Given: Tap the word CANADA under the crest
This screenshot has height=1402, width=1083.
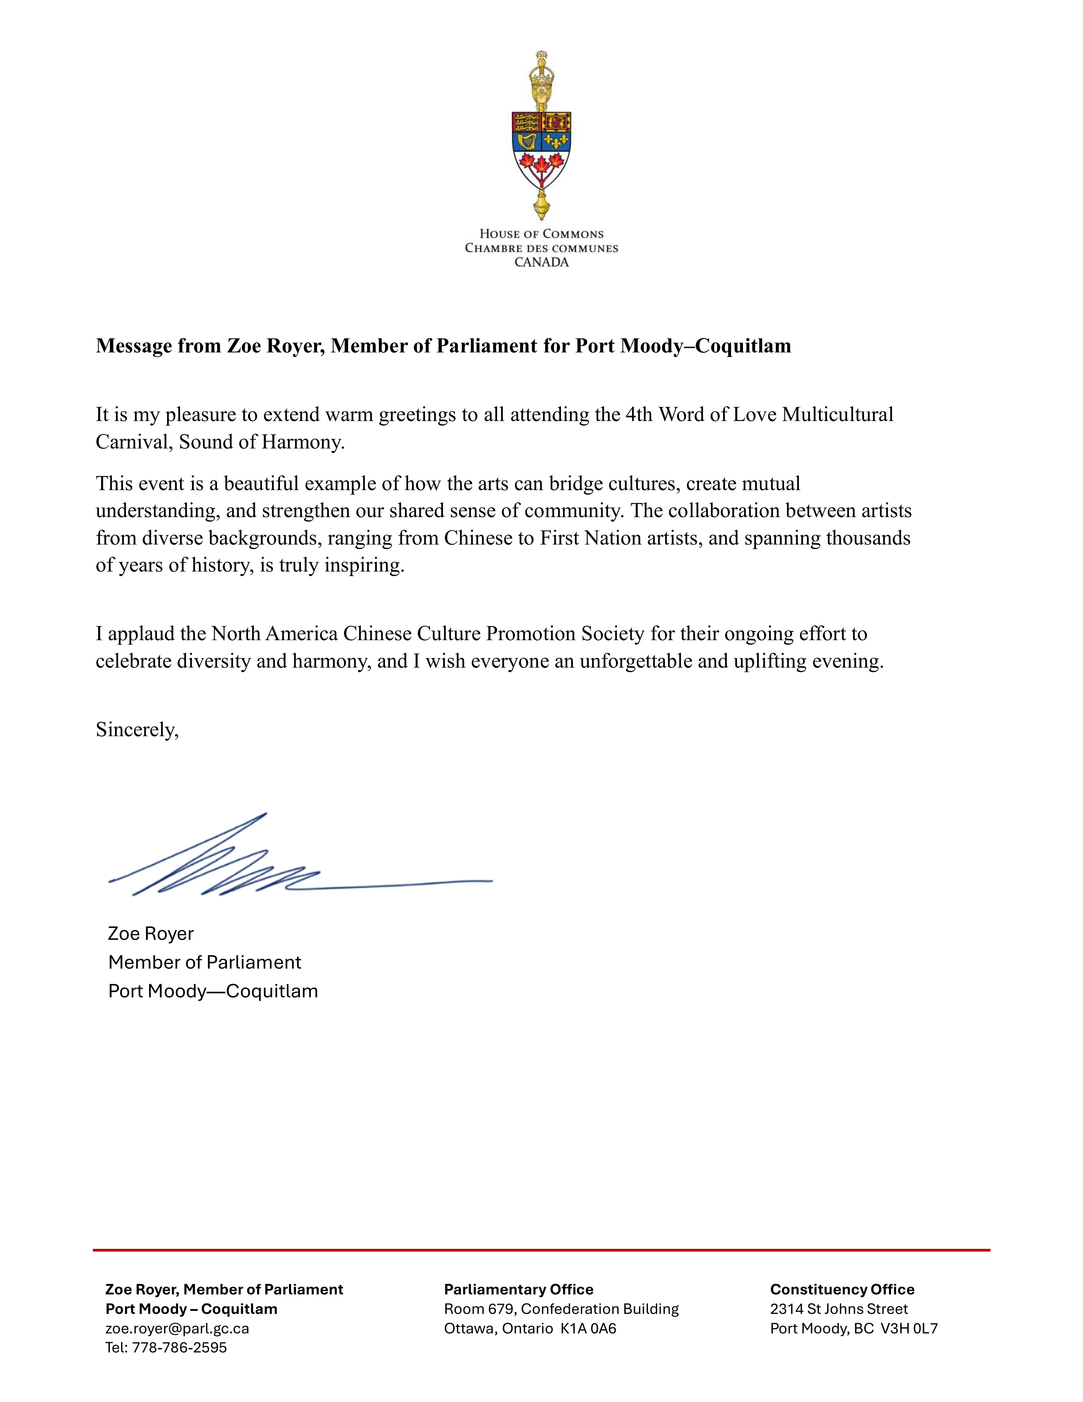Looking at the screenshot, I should [x=541, y=263].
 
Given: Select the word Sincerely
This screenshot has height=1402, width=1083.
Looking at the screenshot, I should [x=137, y=730].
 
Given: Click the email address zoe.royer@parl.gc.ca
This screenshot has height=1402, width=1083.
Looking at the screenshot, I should [x=177, y=1328].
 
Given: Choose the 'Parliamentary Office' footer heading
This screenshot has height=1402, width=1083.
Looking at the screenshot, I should [x=518, y=1290].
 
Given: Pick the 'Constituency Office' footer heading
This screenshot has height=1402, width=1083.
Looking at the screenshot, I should [x=842, y=1290].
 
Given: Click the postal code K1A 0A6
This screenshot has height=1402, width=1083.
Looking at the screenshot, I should [x=588, y=1328].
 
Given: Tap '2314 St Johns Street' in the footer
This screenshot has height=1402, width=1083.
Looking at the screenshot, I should [x=839, y=1309].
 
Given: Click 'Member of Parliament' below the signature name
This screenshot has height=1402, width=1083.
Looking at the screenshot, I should [x=205, y=962].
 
